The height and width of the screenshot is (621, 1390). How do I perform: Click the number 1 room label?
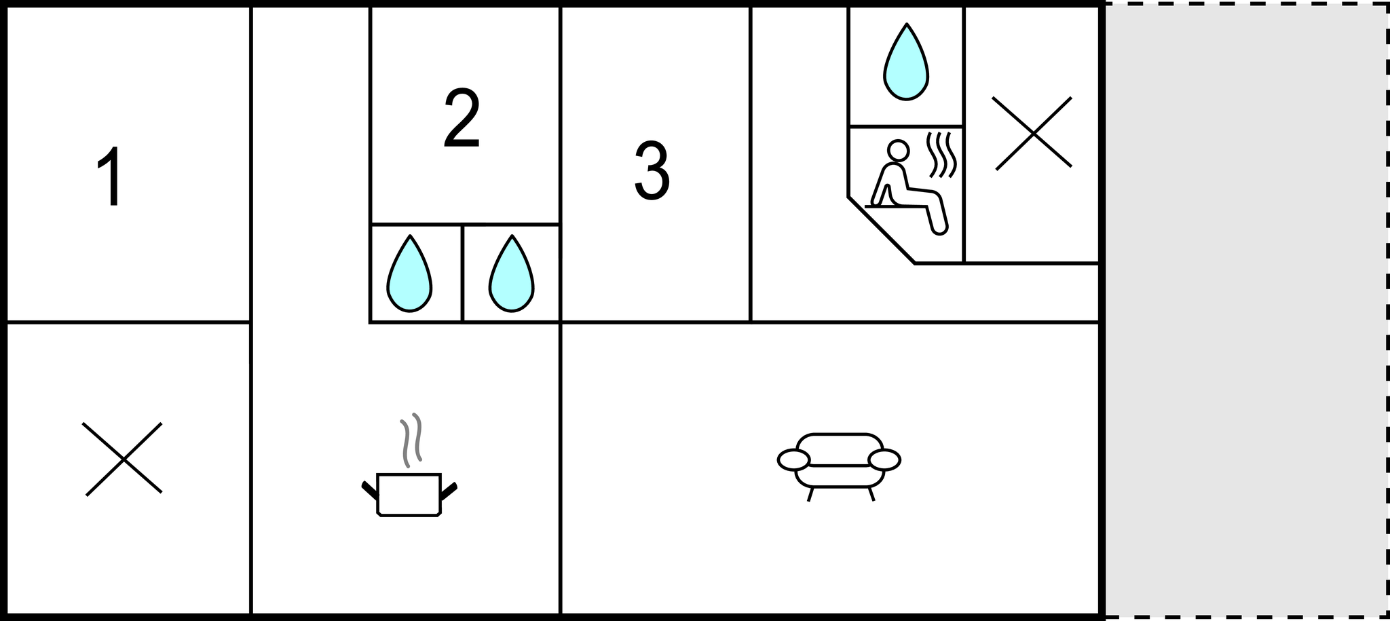(111, 176)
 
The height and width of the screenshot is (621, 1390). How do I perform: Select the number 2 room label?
(462, 117)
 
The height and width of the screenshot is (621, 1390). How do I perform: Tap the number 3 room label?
(652, 170)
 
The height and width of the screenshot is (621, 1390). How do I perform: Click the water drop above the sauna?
(906, 64)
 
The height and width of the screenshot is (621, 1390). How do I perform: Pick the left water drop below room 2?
(409, 276)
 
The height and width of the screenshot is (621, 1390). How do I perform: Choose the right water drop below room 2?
(512, 276)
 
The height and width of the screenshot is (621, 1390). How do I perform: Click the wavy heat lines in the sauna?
(942, 155)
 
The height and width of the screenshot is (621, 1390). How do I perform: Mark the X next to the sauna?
(1032, 133)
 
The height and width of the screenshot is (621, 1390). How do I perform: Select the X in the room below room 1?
(123, 459)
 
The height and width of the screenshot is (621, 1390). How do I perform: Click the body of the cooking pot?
(409, 494)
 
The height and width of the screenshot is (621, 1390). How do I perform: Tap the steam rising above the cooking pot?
(411, 440)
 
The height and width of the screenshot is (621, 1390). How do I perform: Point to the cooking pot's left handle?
(369, 490)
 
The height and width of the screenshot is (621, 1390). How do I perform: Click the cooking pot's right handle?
(449, 490)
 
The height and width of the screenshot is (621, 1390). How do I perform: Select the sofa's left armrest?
(793, 459)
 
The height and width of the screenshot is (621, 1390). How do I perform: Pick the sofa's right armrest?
(884, 459)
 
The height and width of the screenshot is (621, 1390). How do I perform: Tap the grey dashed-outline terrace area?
(1245, 310)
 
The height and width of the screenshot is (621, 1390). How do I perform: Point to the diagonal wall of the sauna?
(881, 230)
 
